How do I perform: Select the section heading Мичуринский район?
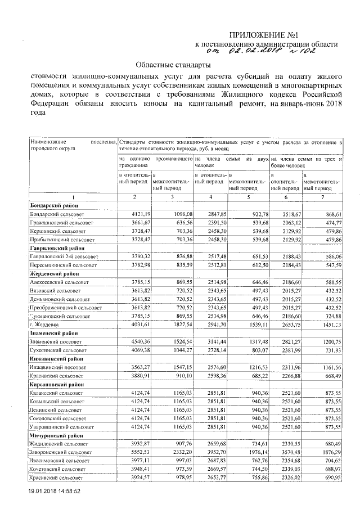click(x=55, y=435)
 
